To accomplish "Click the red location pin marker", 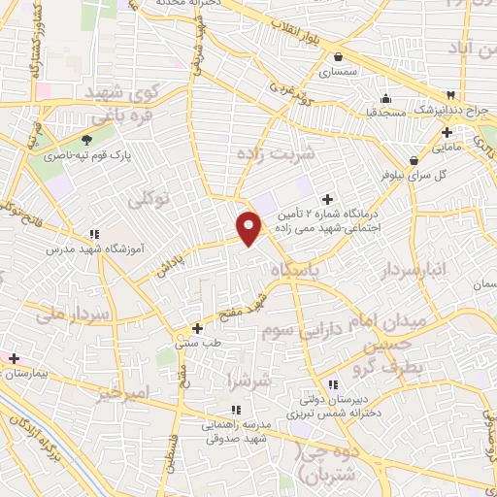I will coord(249,227).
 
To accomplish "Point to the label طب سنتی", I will coord(194,342).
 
